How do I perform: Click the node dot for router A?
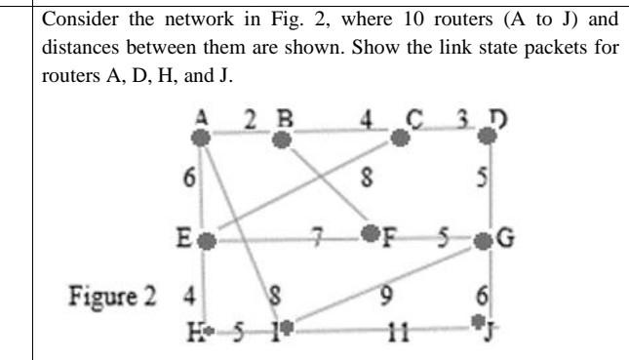pyautogui.click(x=203, y=139)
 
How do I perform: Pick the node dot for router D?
pyautogui.click(x=490, y=139)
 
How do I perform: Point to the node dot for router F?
pyautogui.click(x=369, y=234)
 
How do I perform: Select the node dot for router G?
pyautogui.click(x=482, y=240)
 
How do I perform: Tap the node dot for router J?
pyautogui.click(x=478, y=319)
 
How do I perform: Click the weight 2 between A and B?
pyautogui.click(x=249, y=119)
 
